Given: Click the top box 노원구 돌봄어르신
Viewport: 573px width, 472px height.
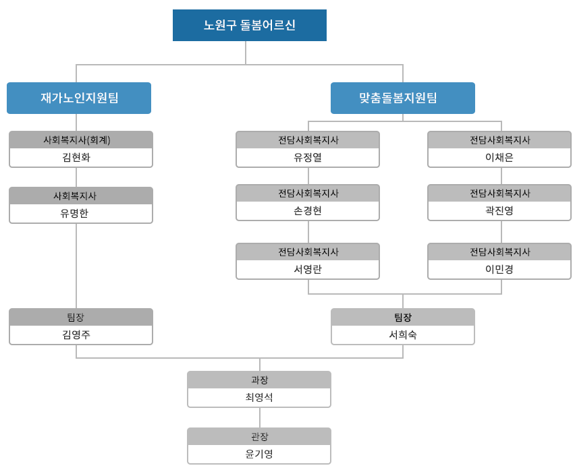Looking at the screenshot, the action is coord(250,25).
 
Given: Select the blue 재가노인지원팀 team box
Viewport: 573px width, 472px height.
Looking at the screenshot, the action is coord(79,98).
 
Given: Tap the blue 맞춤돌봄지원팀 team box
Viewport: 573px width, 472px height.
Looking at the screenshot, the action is coord(403,98).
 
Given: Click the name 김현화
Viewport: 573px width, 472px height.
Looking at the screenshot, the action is coord(76,157).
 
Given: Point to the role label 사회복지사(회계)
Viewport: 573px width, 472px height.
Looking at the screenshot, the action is coord(77,140).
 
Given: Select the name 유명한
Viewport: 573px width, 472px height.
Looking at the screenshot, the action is coord(74,213).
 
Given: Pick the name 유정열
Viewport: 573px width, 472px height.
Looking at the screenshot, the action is coord(308,157).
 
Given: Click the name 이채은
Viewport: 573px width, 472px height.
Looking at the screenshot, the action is coord(499,157).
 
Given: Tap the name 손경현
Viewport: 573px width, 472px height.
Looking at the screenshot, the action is coord(308,210).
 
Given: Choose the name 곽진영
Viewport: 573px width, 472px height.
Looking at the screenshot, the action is coord(499,210).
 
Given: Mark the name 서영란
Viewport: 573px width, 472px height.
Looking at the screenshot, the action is coord(308,270).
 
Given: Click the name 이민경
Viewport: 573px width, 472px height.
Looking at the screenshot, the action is coord(499,270).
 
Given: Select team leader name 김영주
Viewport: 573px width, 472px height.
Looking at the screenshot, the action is coord(76,334).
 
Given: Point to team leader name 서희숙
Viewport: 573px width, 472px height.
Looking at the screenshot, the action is coord(403,334).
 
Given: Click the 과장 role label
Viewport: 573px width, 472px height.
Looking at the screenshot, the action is coord(259,380).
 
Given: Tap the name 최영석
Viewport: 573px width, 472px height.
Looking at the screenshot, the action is coord(259,397).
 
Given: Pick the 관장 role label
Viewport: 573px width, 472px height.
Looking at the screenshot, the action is coord(259,436).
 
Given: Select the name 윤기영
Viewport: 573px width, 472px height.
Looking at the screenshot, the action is coord(259,454).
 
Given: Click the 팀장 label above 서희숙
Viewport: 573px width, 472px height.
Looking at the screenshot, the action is coord(403,317).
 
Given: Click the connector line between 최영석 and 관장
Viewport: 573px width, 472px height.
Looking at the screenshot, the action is coord(260,417).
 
